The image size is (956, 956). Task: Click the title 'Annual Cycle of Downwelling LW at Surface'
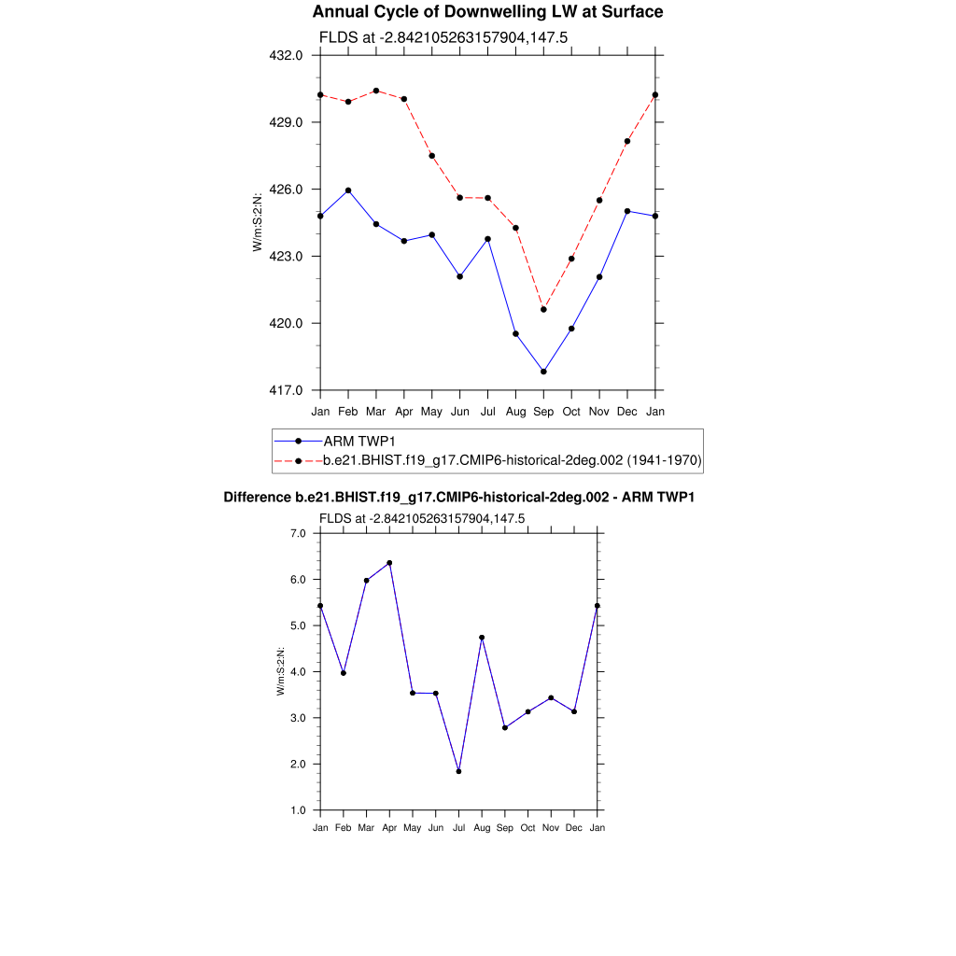click(487, 12)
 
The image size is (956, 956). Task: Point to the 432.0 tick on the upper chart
click(285, 55)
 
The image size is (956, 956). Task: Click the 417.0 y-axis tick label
click(285, 390)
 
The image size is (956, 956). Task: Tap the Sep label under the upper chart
click(543, 411)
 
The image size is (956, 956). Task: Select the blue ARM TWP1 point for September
click(543, 372)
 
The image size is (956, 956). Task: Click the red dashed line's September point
click(543, 309)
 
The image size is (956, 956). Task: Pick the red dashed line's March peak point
click(376, 91)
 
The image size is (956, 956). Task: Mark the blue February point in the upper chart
click(348, 190)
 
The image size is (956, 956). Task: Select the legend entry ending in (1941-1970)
click(512, 460)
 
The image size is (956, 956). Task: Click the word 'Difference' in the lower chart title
click(259, 498)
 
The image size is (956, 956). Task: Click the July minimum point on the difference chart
click(458, 771)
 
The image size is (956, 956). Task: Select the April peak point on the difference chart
click(389, 563)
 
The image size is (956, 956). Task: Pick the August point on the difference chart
click(482, 638)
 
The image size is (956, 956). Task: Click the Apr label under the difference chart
click(389, 828)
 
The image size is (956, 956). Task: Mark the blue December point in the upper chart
click(627, 211)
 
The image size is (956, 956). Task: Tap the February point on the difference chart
click(344, 673)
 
